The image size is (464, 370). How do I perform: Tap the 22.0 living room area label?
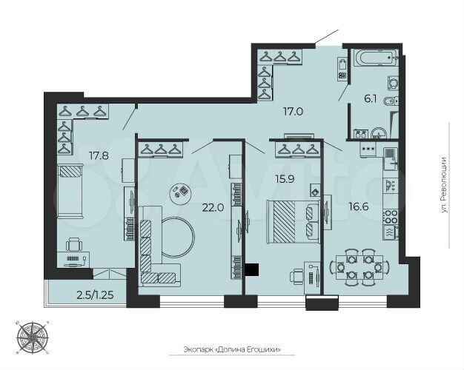point(213,208)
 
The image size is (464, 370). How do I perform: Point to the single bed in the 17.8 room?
point(72,189)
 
